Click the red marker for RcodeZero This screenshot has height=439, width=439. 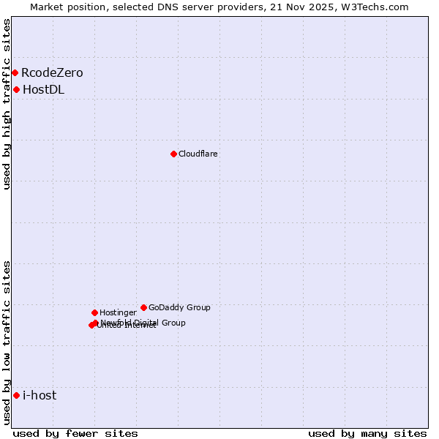(x=15, y=72)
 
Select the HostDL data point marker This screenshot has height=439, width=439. (x=16, y=89)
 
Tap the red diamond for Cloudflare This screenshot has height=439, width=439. (x=173, y=154)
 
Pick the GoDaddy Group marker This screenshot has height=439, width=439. (x=143, y=307)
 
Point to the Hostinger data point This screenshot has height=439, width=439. (x=94, y=312)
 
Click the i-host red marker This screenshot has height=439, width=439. (x=16, y=395)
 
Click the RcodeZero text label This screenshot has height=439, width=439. (x=52, y=72)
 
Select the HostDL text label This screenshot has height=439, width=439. (x=43, y=90)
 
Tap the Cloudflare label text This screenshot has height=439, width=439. (x=198, y=154)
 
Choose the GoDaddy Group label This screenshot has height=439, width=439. (x=179, y=307)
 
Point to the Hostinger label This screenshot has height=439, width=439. (x=118, y=312)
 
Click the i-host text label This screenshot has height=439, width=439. (x=40, y=396)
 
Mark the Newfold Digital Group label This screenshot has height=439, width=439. (x=143, y=323)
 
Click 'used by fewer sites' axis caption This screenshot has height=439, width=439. (x=75, y=433)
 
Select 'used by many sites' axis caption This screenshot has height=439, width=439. (x=367, y=433)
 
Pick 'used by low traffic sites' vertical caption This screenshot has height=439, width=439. (x=7, y=342)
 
